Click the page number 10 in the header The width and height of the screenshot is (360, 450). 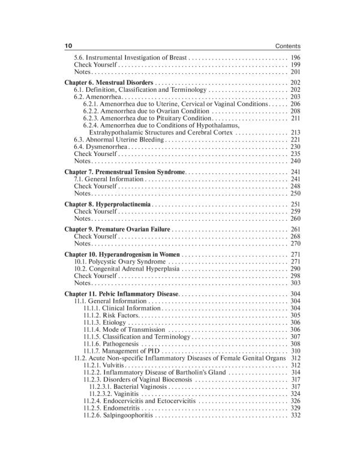(x=67, y=46)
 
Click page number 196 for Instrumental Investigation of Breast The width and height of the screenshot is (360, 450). (x=295, y=58)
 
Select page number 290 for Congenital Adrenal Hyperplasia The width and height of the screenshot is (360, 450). (x=295, y=269)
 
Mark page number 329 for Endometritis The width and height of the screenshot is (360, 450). (x=295, y=408)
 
